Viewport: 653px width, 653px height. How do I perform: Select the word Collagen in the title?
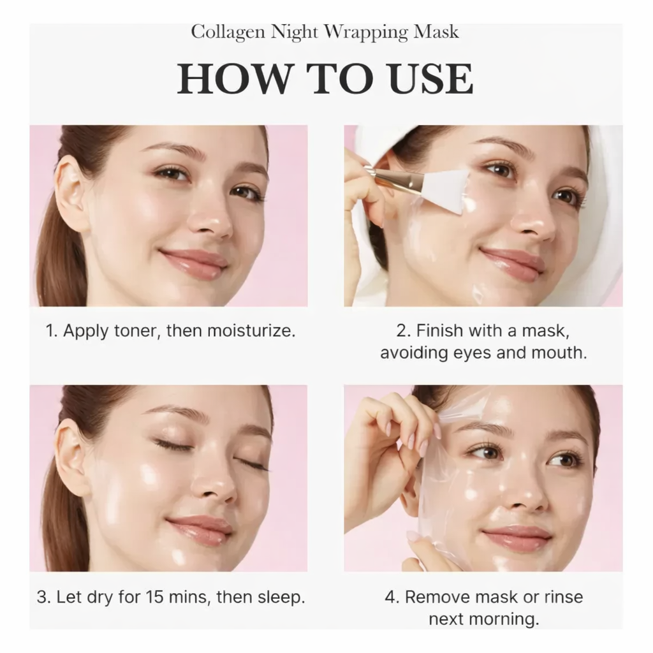click(228, 33)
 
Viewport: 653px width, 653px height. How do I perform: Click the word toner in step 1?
click(135, 331)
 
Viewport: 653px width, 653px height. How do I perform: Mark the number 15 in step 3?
click(154, 597)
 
